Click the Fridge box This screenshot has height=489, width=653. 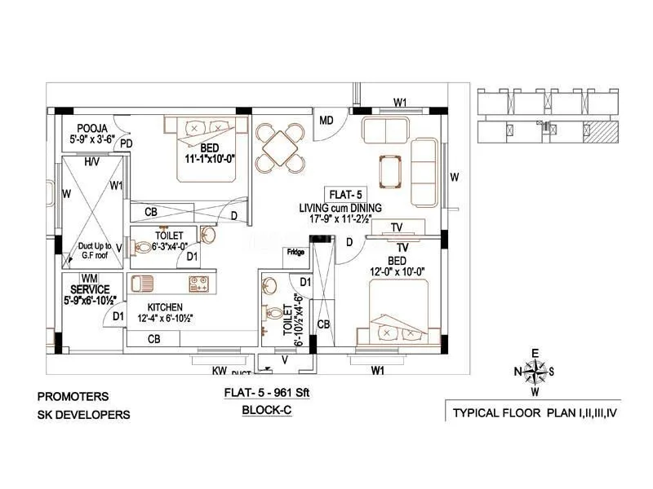[x=295, y=253]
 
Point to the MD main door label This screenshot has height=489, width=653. [x=326, y=121]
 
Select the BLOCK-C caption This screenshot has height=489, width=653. [x=267, y=412]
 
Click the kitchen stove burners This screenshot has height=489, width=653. [x=198, y=284]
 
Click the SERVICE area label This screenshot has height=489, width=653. [x=89, y=289]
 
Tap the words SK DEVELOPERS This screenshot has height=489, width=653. [x=83, y=415]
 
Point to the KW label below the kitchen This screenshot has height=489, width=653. [x=219, y=371]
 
